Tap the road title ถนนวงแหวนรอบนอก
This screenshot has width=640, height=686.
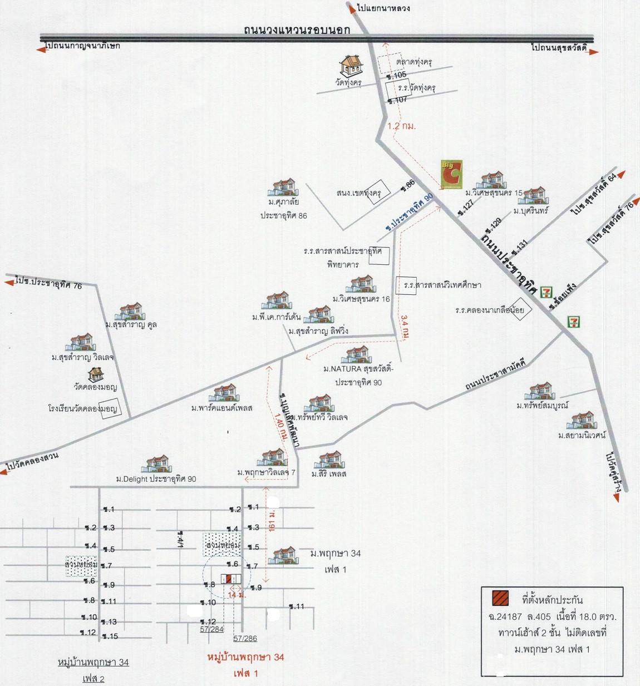(297, 29)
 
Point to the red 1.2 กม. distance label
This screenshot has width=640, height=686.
(401, 126)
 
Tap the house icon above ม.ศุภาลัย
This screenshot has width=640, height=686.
(283, 187)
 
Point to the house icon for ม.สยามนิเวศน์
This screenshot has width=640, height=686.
(582, 421)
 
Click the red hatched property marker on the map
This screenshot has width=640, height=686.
(229, 579)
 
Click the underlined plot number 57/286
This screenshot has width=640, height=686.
(245, 639)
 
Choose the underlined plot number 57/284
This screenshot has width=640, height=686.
(212, 629)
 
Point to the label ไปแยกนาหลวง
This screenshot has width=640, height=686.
(384, 8)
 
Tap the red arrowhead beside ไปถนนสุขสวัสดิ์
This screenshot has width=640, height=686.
(594, 52)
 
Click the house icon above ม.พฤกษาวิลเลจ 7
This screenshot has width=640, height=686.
(273, 458)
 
